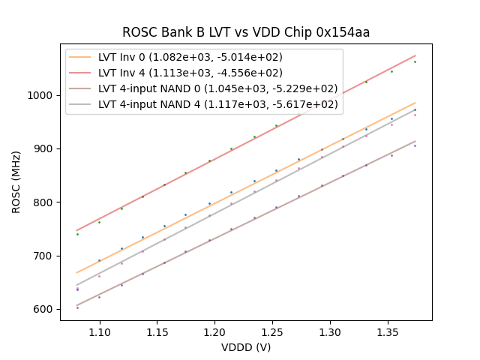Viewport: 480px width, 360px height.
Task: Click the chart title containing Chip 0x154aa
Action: point(246,32)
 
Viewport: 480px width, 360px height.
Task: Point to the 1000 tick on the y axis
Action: point(43,95)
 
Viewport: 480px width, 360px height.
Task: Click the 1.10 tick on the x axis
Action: point(100,331)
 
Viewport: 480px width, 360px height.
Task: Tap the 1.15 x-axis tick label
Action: point(157,331)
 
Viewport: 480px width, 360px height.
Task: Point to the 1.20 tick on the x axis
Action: point(214,331)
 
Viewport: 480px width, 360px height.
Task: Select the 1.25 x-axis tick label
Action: point(272,331)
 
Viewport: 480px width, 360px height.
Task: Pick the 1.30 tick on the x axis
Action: point(329,331)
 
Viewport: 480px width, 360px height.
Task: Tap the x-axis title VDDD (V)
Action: point(246,347)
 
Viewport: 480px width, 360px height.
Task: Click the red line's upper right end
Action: point(415,55)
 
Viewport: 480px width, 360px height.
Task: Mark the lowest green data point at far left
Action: point(77,234)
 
